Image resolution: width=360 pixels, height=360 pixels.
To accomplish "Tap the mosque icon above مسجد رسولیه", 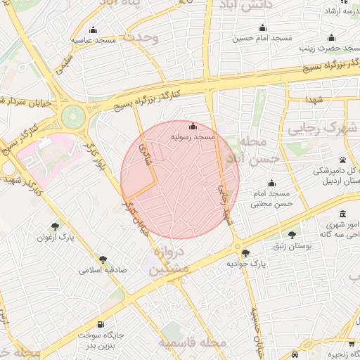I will click(x=193, y=126).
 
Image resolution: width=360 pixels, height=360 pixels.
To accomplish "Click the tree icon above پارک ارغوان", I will click(x=55, y=226).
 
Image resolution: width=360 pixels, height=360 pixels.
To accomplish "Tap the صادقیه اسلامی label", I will click(x=103, y=269).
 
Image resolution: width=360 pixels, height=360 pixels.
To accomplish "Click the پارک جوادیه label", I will click(x=245, y=263).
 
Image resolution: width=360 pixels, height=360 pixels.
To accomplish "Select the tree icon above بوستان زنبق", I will click(x=292, y=235).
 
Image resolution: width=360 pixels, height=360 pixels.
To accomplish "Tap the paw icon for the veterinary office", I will click(x=342, y=160).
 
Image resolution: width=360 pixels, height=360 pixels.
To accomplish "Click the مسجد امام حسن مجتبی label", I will click(x=271, y=199).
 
